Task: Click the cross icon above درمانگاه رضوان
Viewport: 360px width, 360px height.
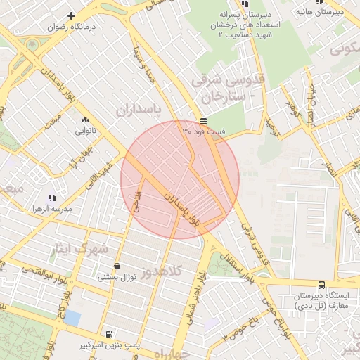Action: [71, 15]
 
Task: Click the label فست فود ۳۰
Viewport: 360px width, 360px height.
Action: [204, 131]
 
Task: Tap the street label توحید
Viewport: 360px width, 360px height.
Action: [273, 126]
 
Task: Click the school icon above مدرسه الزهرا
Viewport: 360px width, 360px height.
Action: [51, 198]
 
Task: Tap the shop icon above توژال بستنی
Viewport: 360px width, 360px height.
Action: [116, 266]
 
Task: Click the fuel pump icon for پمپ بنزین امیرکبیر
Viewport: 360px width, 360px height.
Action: [108, 334]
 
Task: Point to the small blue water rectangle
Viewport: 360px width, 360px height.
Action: [72, 318]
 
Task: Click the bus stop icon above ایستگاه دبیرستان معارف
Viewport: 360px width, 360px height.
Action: [321, 285]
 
